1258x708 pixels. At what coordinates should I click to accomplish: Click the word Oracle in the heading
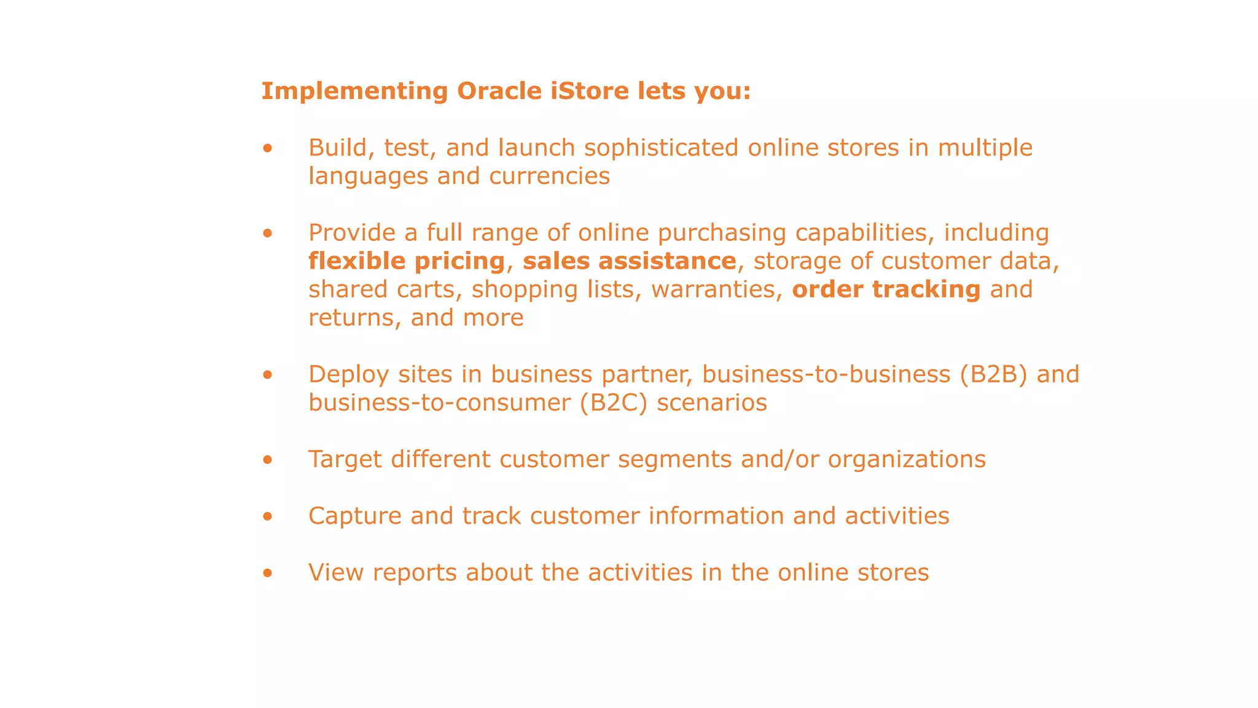[499, 91]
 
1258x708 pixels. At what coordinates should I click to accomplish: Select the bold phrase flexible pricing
[406, 261]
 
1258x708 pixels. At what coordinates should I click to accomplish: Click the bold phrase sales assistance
[629, 261]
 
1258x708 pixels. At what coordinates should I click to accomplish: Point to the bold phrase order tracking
[886, 289]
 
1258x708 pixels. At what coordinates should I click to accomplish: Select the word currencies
[549, 176]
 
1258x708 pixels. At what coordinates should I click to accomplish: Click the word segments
[674, 459]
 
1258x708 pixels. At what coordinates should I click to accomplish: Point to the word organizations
[907, 459]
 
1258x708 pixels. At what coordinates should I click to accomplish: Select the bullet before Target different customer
[267, 460]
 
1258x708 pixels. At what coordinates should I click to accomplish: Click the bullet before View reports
[267, 573]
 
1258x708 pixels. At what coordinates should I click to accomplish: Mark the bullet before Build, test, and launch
[267, 149]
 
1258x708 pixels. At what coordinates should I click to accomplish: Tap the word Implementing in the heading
[354, 91]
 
